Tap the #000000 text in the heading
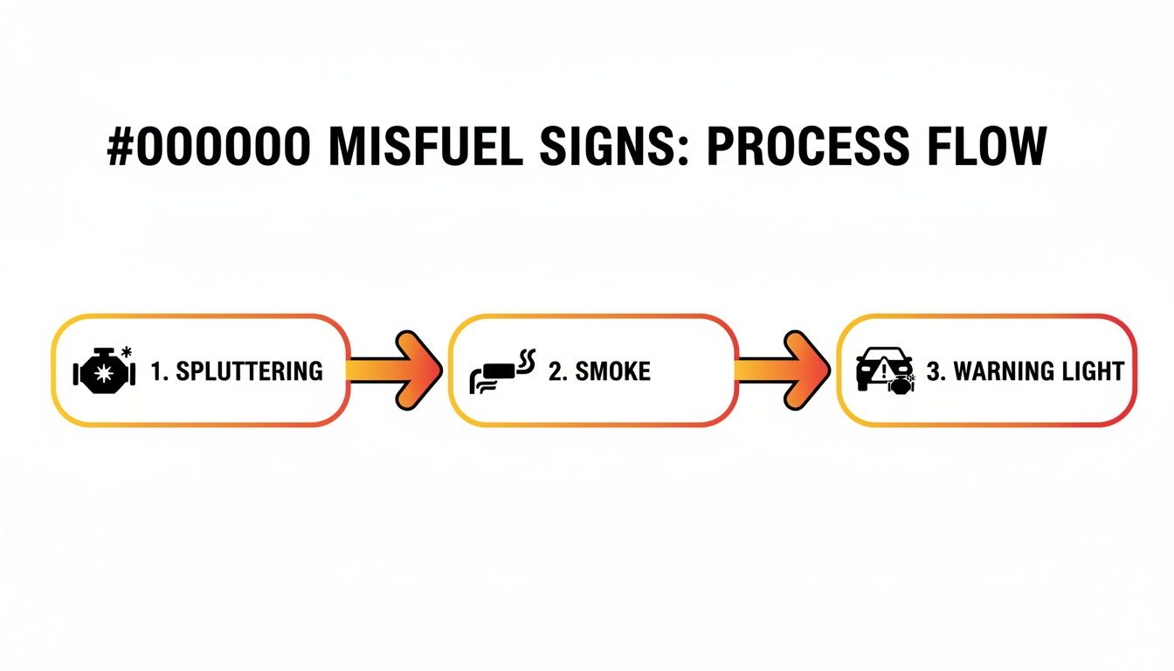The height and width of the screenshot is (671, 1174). (208, 147)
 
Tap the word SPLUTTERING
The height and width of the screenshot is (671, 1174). (249, 371)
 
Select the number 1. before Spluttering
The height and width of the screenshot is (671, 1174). (159, 371)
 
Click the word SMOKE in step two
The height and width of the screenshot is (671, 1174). (612, 371)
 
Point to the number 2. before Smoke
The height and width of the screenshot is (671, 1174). (557, 371)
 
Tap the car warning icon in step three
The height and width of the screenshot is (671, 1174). (883, 371)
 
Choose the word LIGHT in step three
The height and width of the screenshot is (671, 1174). (1093, 371)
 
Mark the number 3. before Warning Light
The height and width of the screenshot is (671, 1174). (936, 371)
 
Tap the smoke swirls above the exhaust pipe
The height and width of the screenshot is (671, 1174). (527, 359)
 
